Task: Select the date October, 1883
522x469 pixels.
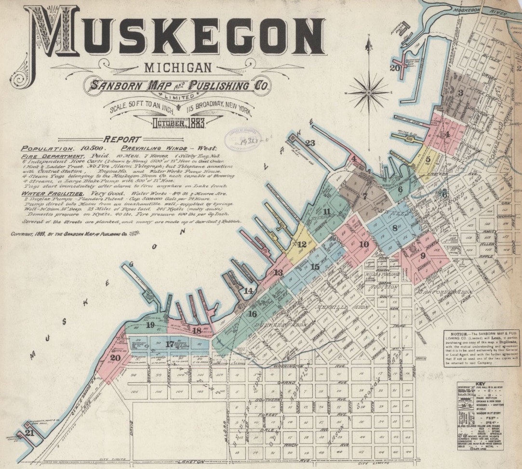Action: tap(178, 123)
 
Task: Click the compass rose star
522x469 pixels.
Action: tap(368, 91)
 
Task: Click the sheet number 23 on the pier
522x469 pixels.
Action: tap(310, 143)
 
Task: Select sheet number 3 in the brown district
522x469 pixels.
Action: tap(461, 93)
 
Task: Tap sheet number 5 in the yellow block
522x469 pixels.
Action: tap(428, 159)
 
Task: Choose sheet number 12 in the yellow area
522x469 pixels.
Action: tap(302, 244)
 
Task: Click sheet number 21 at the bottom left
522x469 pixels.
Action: tap(30, 433)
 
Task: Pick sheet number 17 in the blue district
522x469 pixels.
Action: tap(169, 344)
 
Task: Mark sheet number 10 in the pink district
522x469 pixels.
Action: tap(364, 244)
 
